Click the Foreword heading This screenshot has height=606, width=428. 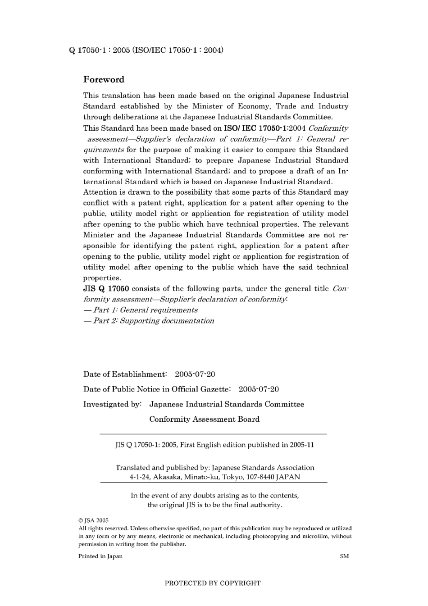[104, 80]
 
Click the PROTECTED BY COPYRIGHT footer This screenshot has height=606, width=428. [213, 583]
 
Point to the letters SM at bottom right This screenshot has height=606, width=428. [344, 556]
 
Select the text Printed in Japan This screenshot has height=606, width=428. [100, 556]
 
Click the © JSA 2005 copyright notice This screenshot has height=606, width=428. [93, 520]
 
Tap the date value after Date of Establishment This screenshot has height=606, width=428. [195, 374]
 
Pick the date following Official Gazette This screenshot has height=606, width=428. [259, 389]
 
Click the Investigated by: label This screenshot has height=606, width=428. [112, 404]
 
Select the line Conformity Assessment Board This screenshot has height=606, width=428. [204, 419]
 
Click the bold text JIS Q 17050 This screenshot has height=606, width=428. [106, 288]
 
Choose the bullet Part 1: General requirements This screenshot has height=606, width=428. [141, 310]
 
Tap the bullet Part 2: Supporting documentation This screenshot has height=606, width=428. [149, 321]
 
